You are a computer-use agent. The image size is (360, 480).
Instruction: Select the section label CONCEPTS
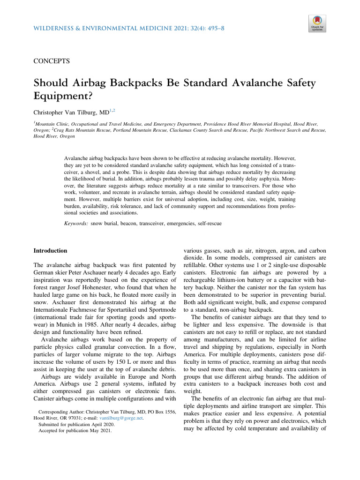click(52, 61)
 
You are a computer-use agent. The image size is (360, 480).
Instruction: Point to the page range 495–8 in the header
click(213, 29)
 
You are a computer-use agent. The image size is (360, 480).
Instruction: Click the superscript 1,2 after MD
click(112, 111)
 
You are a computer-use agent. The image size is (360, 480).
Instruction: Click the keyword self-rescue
click(207, 224)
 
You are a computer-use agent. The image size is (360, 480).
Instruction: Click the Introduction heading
click(50, 251)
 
